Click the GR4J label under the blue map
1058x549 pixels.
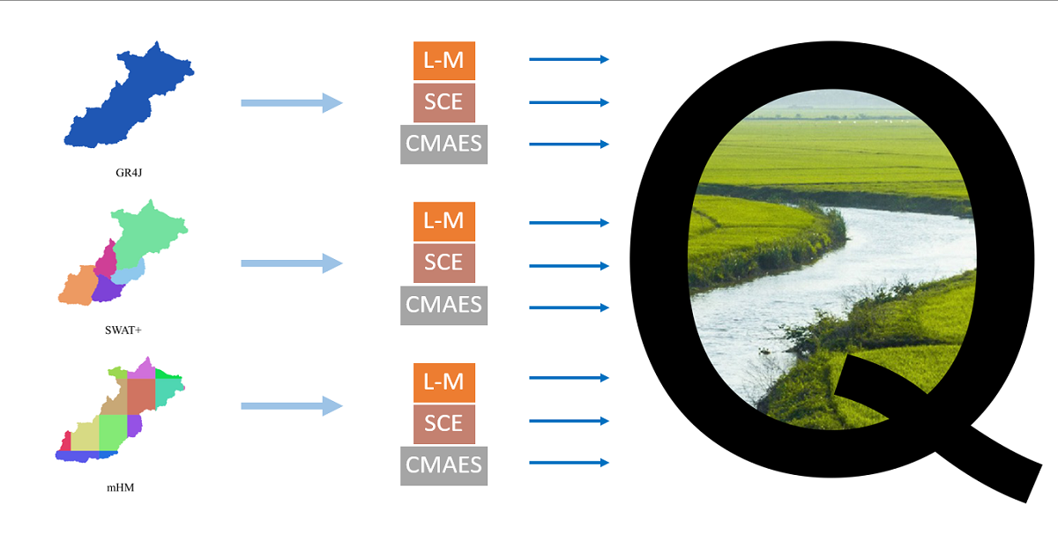(x=129, y=173)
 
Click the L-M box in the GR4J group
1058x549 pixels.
(x=444, y=61)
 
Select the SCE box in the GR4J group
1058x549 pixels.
(x=444, y=102)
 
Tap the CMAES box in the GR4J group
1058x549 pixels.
(x=444, y=144)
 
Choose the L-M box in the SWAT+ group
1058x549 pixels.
(x=444, y=221)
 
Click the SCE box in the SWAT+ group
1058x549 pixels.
(x=444, y=263)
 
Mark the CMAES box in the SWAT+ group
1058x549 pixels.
(x=444, y=305)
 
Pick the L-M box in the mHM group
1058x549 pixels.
(x=444, y=382)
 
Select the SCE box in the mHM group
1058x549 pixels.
(x=444, y=424)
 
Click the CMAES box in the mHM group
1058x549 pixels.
(x=444, y=464)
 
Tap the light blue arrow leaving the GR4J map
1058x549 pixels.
(x=291, y=103)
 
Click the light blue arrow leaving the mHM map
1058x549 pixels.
(x=291, y=406)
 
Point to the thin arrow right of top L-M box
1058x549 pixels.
(x=569, y=59)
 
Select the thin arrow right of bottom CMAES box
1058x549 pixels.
(x=569, y=463)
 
